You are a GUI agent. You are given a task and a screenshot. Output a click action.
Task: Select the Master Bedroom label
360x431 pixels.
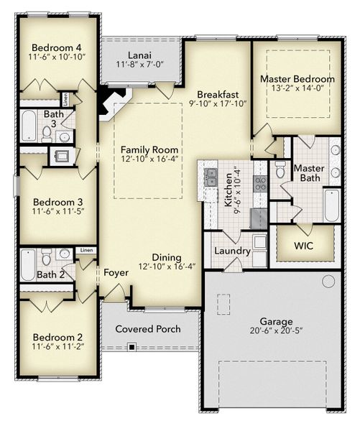pos(297,78)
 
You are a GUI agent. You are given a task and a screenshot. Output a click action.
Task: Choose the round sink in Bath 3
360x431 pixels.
pos(64,136)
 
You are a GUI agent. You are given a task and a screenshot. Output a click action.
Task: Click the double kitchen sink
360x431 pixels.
pos(212,177)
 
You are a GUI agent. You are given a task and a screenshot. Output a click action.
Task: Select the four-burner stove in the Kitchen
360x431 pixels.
pos(260,182)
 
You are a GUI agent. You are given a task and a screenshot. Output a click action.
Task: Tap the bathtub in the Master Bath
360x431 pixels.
pos(331,205)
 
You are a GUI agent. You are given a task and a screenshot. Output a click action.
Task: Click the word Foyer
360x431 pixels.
pos(116,273)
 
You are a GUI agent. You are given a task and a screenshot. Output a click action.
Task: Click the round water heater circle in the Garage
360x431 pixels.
pos(328,281)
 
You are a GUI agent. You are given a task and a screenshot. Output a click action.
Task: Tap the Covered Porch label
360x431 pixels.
pos(148,330)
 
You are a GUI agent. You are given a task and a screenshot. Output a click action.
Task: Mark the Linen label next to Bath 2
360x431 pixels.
pos(86,250)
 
